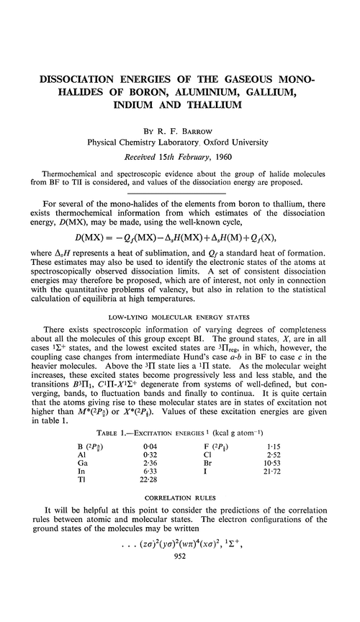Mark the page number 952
(181, 612)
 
